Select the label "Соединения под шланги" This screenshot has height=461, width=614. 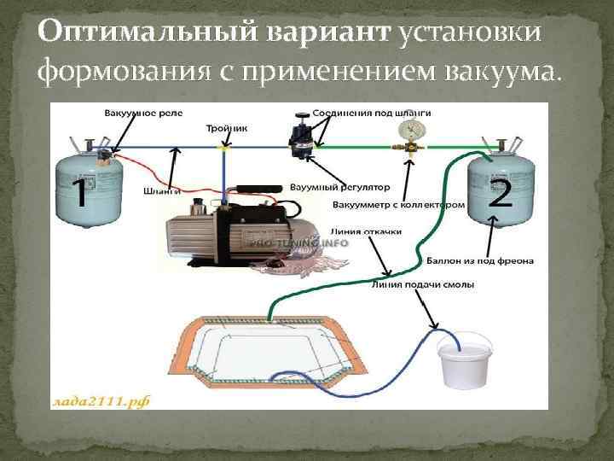point(359,113)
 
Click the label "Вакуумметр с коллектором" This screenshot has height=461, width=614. point(399,205)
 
